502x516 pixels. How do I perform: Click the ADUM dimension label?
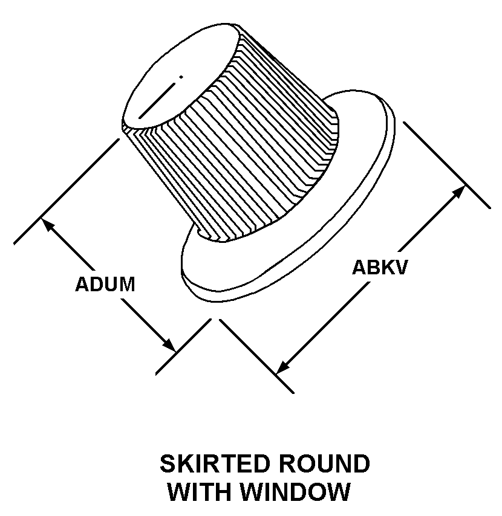point(105,284)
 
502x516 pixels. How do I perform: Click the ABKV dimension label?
point(380,267)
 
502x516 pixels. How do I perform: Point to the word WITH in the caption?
point(199,492)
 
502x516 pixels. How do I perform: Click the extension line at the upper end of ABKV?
point(446,165)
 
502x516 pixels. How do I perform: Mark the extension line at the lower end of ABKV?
point(257,356)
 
